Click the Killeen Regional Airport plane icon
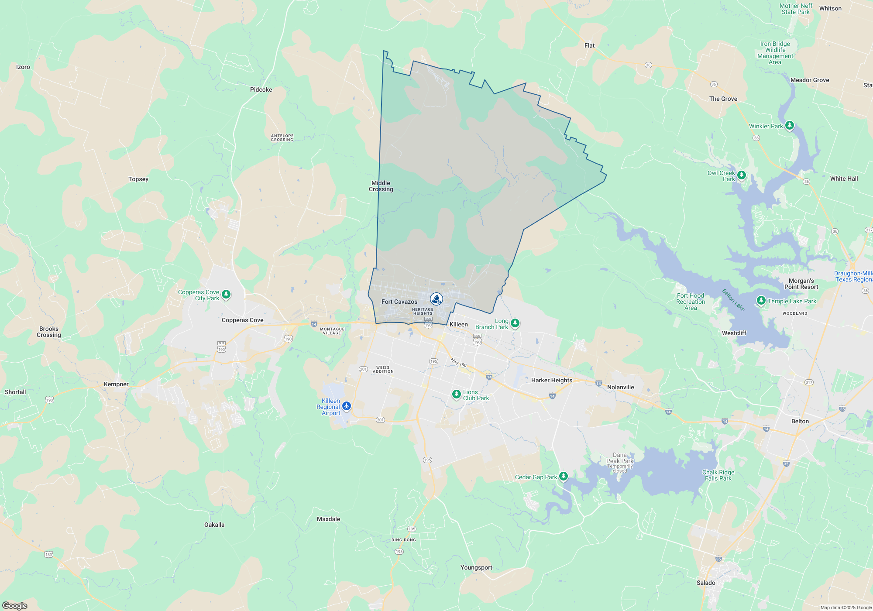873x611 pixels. (x=347, y=406)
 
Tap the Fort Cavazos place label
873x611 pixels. (x=399, y=302)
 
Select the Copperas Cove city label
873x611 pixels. (x=242, y=320)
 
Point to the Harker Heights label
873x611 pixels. (x=551, y=380)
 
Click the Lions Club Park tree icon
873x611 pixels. (x=456, y=395)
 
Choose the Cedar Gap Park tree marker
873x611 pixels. (x=564, y=476)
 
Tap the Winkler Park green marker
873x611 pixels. (x=789, y=126)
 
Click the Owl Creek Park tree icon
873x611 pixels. (x=741, y=175)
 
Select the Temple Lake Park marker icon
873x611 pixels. (x=761, y=300)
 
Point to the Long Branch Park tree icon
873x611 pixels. (x=515, y=323)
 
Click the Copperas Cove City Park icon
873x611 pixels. (x=226, y=294)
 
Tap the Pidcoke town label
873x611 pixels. (x=261, y=89)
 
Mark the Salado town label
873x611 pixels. (x=706, y=583)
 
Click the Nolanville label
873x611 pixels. (x=620, y=387)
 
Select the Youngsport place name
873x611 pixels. (x=476, y=567)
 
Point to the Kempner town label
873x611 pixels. (x=116, y=384)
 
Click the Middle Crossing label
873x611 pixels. (x=381, y=186)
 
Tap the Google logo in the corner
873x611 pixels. (x=15, y=605)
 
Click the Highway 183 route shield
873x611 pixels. (x=48, y=554)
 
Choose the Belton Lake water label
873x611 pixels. (x=733, y=300)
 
